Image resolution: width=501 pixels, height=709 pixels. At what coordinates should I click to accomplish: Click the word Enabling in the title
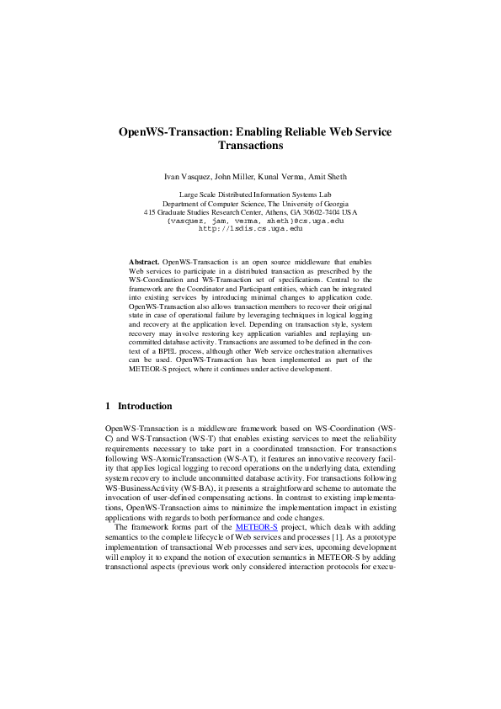[x=257, y=132]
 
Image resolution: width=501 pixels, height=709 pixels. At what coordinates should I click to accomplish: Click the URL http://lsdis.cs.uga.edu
[x=249, y=228]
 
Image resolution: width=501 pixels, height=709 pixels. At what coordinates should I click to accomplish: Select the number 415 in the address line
[x=150, y=212]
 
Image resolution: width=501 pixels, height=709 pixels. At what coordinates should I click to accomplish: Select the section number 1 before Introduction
[x=108, y=406]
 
